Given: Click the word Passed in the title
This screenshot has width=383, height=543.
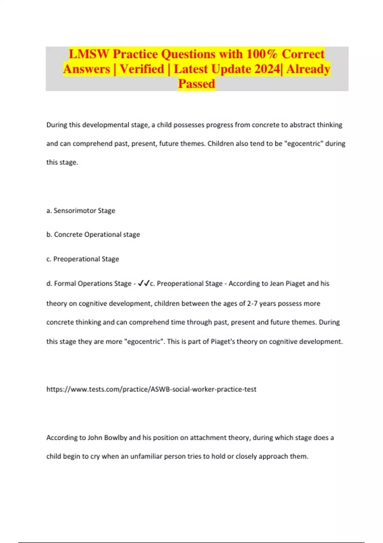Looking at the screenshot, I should tap(197, 84).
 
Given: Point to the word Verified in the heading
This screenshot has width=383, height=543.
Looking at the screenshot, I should tap(142, 69).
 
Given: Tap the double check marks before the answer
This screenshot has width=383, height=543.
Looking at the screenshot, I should tap(144, 283).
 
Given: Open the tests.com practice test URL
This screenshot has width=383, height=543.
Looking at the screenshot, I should tap(151, 389).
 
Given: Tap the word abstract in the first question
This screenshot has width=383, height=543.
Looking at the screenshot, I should tap(302, 125).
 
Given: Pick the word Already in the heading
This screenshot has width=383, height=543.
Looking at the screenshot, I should tap(308, 69).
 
